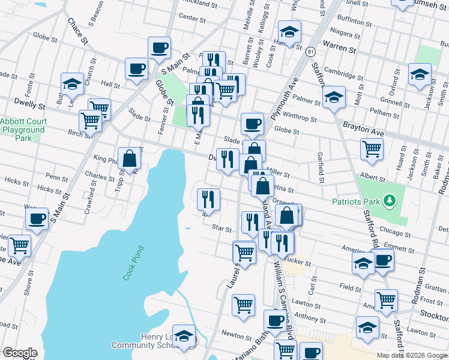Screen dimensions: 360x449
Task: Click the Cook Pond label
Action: (134, 263)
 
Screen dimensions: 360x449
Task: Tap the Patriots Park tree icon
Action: (390, 200)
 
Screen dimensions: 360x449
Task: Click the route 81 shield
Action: (310, 52)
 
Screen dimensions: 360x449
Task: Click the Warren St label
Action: (336, 45)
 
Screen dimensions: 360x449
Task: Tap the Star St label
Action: (221, 228)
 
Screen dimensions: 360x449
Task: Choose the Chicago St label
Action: (394, 234)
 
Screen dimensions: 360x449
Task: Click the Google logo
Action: (20, 353)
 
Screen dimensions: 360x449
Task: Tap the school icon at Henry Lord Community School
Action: (184, 335)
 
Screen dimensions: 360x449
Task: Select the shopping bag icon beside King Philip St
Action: (129, 158)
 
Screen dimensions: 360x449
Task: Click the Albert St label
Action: (372, 179)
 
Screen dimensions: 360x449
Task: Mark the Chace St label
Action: (77, 31)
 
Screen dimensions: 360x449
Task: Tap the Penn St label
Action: (57, 178)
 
